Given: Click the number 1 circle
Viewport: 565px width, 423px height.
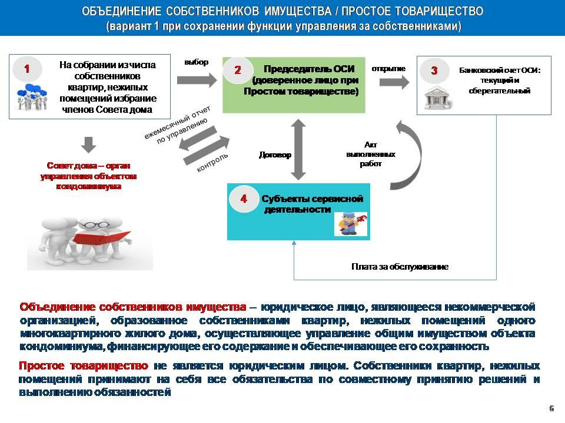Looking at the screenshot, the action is pos(27,69).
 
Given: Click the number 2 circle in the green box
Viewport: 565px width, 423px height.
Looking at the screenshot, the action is pos(237,70).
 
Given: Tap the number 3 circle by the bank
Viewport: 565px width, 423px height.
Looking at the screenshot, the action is pos(434,70).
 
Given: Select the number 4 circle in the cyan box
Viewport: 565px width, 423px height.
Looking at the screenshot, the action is pos(244,199).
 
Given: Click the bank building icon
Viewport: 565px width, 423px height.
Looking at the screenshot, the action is pos(437,97).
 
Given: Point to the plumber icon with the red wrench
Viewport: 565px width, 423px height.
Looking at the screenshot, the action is pos(351,224).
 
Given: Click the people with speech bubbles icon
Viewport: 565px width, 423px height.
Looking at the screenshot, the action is pos(32,96).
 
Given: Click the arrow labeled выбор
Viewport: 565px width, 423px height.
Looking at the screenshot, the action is pos(197,80).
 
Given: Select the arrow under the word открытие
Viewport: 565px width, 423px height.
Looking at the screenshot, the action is pos(394,82).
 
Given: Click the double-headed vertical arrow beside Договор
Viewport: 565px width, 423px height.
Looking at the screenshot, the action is pos(298,149).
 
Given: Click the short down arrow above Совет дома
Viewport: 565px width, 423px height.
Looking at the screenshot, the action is pos(89,145).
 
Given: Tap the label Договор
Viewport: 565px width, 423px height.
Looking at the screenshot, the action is pos(275,155).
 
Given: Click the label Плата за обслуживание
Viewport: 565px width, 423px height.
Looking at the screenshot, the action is pos(400,267).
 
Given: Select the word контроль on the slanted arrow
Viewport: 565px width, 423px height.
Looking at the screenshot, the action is pos(212,163).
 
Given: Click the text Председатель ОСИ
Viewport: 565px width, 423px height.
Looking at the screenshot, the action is pos(309,69).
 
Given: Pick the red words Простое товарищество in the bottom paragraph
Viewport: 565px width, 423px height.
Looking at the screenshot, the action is pos(83,365).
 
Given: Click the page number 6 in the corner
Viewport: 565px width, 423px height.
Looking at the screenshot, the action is pos(551,408).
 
